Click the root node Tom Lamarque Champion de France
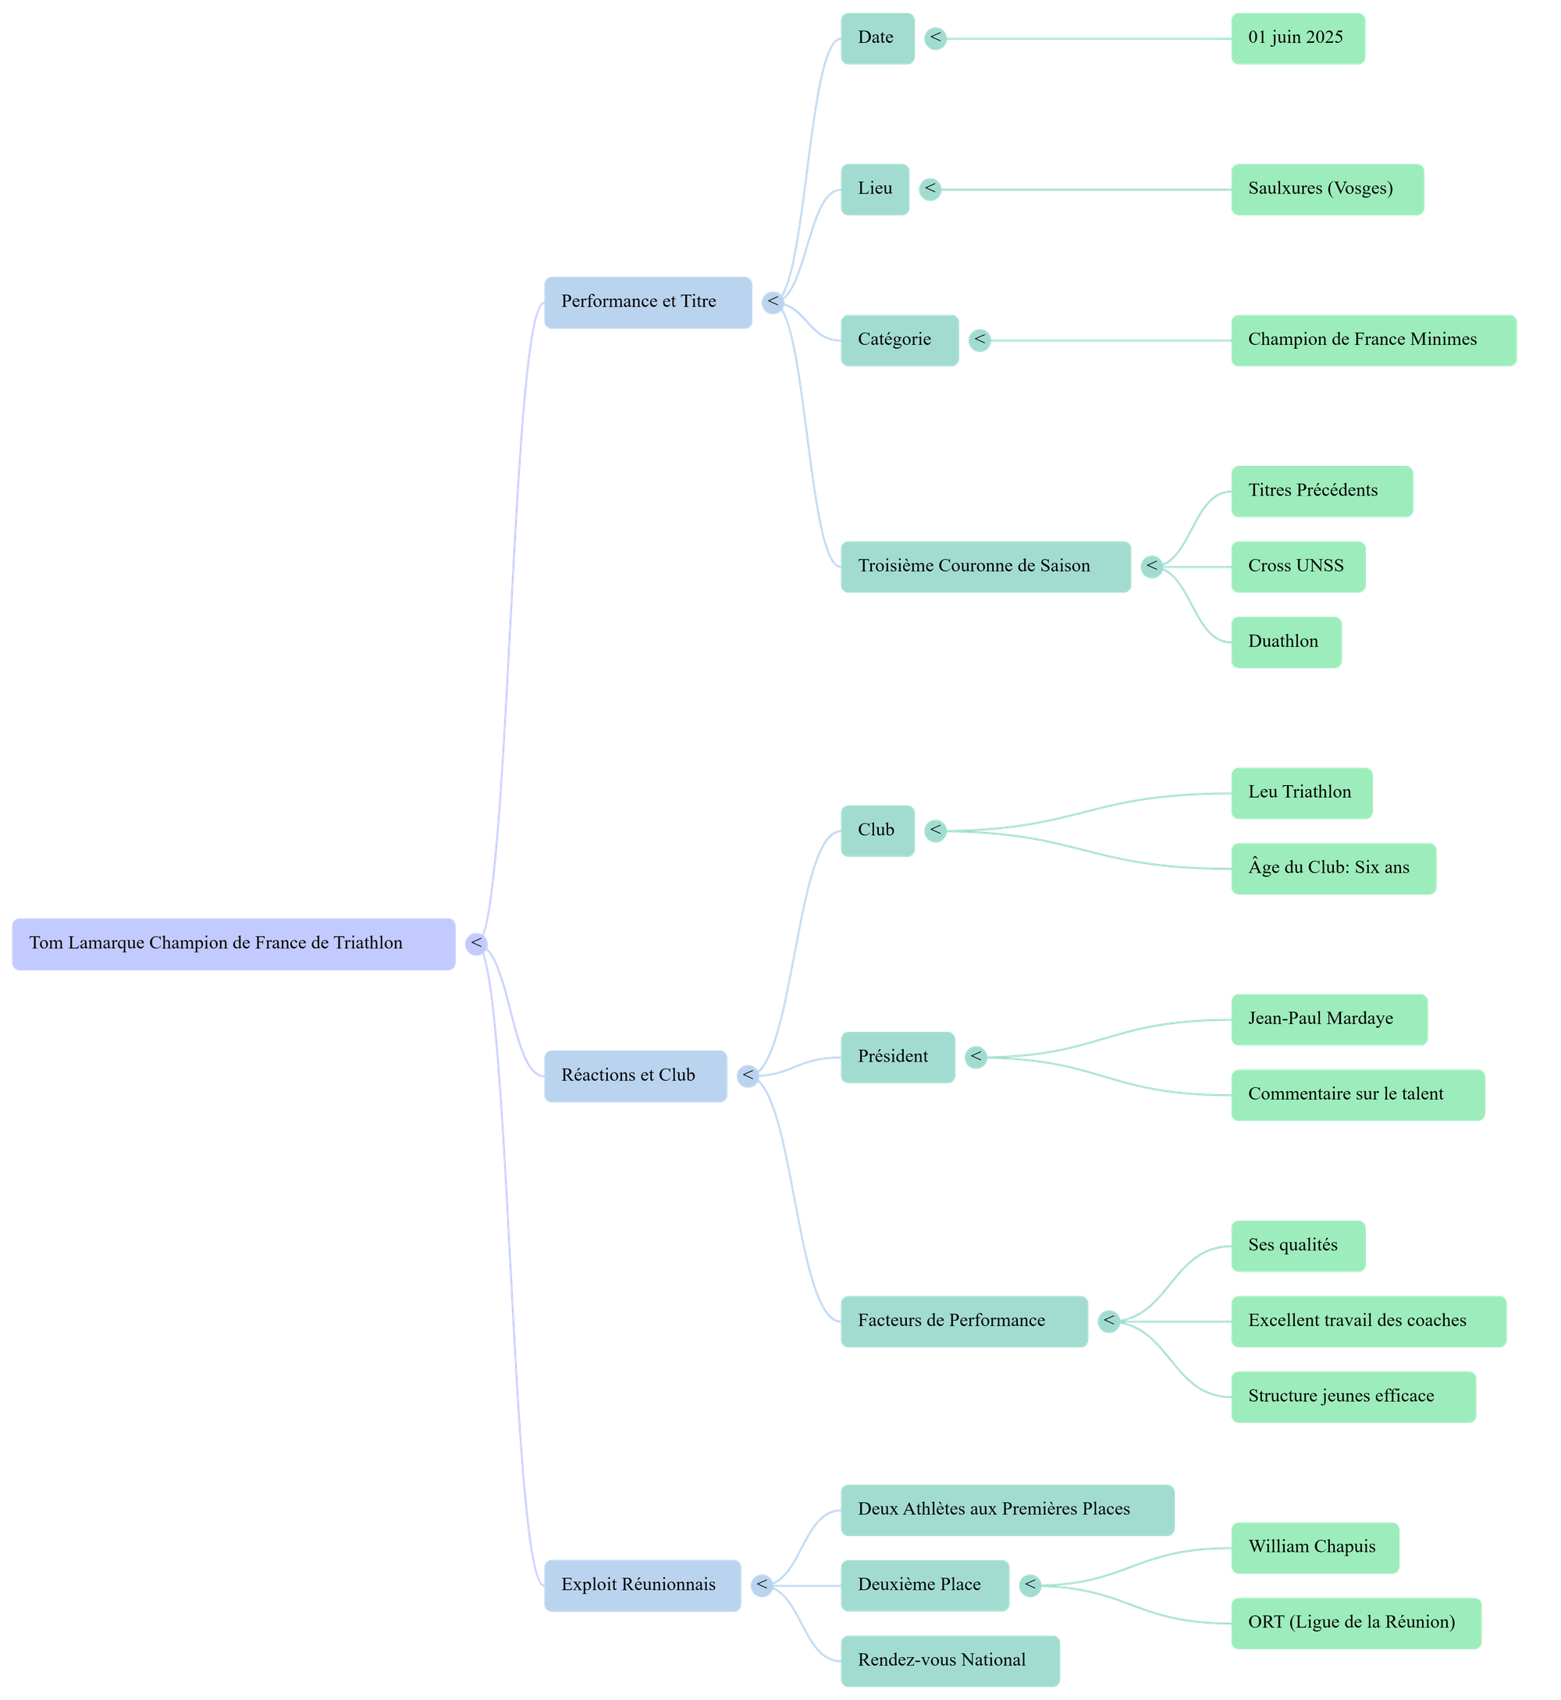[x=233, y=944]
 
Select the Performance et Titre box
[x=647, y=302]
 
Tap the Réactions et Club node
[x=635, y=1076]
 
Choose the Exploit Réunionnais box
[x=642, y=1585]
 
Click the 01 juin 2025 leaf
[x=1297, y=38]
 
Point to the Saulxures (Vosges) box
[x=1327, y=189]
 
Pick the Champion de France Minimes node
[x=1373, y=340]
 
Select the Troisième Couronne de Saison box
[x=985, y=567]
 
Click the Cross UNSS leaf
[x=1297, y=567]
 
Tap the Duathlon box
[x=1285, y=642]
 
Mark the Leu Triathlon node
[x=1301, y=793]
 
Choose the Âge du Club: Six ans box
[x=1333, y=868]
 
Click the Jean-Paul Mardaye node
[x=1328, y=1019]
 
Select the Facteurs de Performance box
[x=964, y=1321]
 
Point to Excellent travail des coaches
[x=1367, y=1321]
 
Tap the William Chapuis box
[x=1314, y=1547]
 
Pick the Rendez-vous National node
[x=949, y=1660]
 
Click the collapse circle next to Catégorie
[x=980, y=340]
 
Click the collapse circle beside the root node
[x=476, y=944]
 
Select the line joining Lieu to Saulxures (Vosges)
[x=1081, y=190]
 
